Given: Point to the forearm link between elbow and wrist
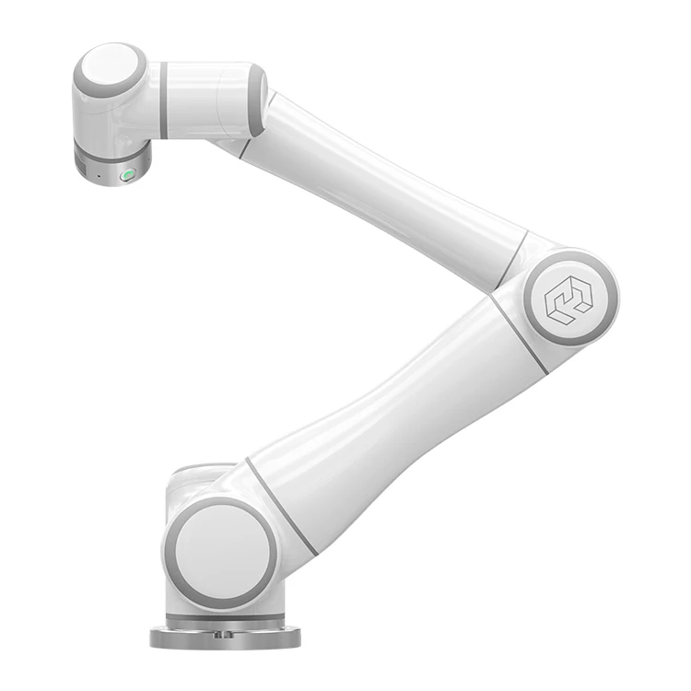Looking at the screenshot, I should (x=387, y=184).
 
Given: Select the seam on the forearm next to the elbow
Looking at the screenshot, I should (x=512, y=261).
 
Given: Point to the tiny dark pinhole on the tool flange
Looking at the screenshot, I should (x=100, y=174).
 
